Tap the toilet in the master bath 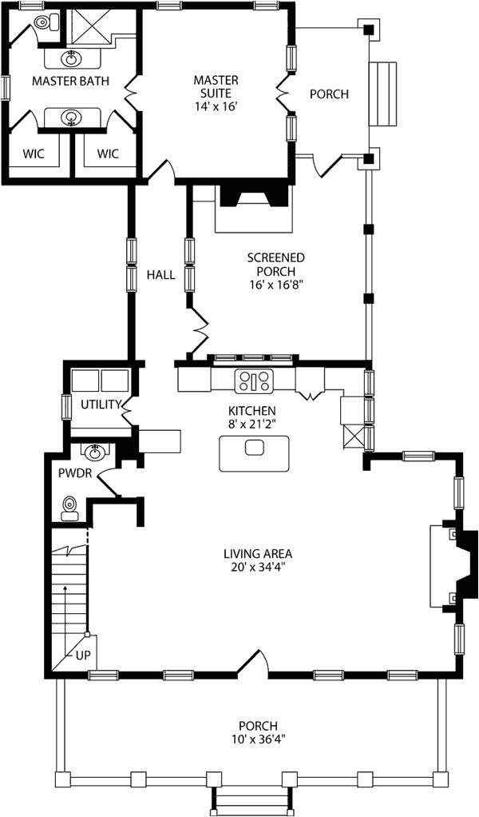pyautogui.click(x=40, y=25)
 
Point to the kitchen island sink pyautogui.click(x=254, y=448)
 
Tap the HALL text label pyautogui.click(x=160, y=275)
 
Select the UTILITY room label pyautogui.click(x=101, y=405)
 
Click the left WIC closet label pyautogui.click(x=34, y=153)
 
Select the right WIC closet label pyautogui.click(x=108, y=153)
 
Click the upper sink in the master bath pyautogui.click(x=72, y=58)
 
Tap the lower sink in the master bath pyautogui.click(x=72, y=119)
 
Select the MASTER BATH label pyautogui.click(x=65, y=82)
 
